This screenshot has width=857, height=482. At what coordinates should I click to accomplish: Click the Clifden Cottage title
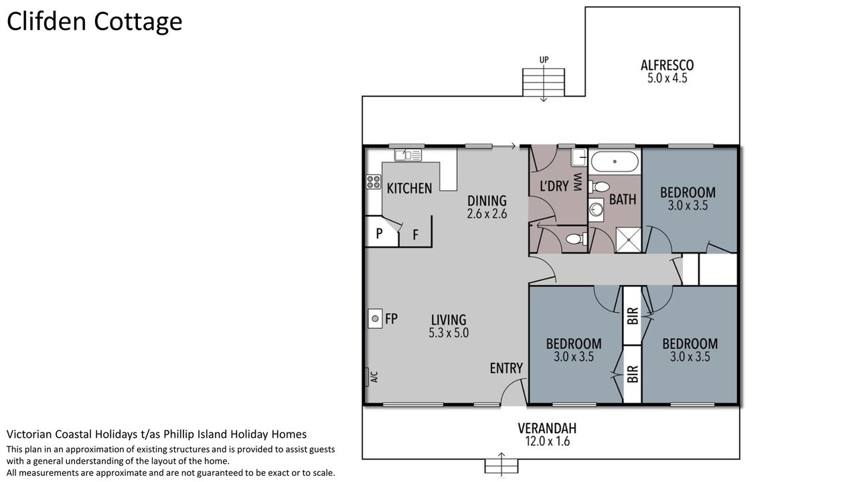click(94, 22)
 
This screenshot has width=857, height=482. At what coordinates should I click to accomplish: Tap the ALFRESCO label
click(668, 66)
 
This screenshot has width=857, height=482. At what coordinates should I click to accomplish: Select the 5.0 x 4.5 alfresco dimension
click(668, 78)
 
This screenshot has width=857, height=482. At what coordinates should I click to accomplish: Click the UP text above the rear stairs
click(544, 60)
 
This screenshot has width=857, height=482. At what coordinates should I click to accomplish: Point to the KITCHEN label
click(409, 188)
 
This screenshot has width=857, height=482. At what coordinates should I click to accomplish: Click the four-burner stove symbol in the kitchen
click(374, 181)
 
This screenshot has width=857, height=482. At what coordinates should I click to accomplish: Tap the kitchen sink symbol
click(408, 155)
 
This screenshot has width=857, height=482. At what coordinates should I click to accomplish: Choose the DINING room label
click(487, 201)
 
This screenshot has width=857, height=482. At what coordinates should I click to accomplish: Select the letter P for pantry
click(379, 234)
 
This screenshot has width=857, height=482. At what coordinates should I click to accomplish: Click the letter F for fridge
click(416, 234)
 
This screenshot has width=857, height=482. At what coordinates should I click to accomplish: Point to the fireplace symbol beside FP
click(376, 318)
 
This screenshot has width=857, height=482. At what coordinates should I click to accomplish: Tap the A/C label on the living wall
click(374, 377)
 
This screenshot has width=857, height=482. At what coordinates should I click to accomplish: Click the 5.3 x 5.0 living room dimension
click(449, 333)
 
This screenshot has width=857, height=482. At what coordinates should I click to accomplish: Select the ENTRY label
click(506, 368)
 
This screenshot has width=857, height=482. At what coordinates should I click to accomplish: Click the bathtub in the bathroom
click(615, 162)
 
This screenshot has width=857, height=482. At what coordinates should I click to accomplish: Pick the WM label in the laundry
click(578, 182)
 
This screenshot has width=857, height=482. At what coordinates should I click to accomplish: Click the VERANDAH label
click(547, 428)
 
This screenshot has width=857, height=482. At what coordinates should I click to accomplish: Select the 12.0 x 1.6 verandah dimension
click(547, 441)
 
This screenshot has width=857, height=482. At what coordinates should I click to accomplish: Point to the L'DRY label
click(554, 186)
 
